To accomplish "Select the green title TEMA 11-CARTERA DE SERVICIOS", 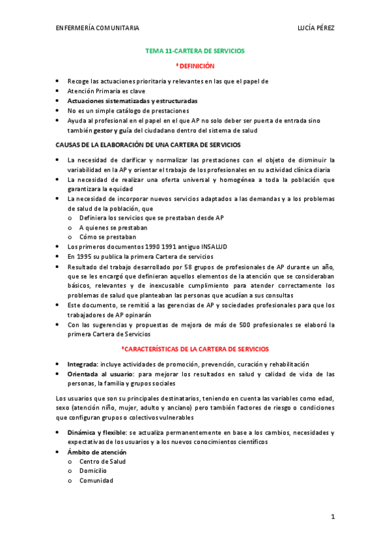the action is coord(195,50).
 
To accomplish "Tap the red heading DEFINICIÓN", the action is coord(195,66).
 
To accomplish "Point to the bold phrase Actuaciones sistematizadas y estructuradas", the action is coord(132,101).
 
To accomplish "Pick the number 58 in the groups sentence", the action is coord(186,267).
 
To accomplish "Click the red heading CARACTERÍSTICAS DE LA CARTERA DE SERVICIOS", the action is coord(195,349).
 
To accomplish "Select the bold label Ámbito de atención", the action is coord(96,452).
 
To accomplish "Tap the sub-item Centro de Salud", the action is coord(102,461).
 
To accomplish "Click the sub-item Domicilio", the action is coord(95,471).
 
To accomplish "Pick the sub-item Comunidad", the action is coord(96,481).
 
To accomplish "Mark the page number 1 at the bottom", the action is coord(332,517).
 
